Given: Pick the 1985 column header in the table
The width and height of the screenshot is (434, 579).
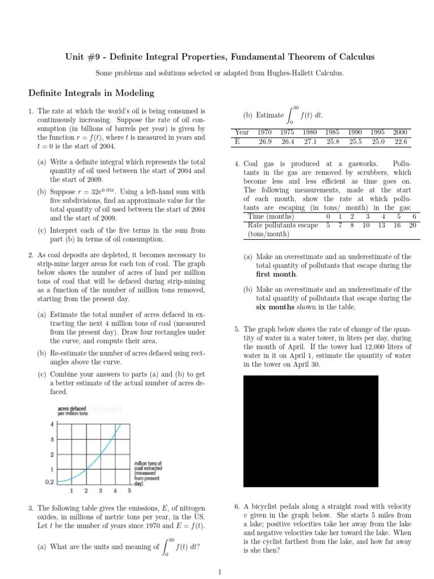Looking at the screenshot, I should pos(332,132).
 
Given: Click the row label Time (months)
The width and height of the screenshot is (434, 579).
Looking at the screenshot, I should pos(271,217).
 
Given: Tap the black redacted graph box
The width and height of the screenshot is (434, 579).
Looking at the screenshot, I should pos(311,431).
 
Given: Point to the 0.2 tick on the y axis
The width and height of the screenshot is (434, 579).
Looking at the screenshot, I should pos(49,482).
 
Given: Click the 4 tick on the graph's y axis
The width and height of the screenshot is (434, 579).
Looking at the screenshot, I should pos(53,424).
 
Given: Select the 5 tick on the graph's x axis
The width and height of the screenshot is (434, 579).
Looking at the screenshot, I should pos(130,491).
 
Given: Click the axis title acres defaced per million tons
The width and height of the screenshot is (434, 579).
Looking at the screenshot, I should pos(73,411).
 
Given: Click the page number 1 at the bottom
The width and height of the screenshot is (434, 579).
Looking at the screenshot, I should pos(220,572).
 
